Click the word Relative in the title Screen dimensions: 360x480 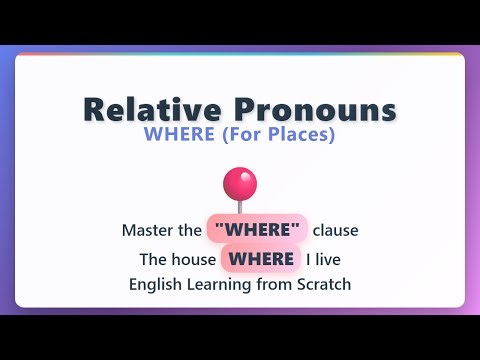click(149, 110)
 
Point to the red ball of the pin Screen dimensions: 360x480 click(239, 183)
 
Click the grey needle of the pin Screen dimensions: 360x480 click(239, 205)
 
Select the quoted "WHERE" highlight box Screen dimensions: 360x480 click(257, 230)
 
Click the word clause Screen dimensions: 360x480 click(335, 230)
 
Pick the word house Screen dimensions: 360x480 click(192, 259)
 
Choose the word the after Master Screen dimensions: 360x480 click(190, 230)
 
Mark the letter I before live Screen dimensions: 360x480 click(308, 259)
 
